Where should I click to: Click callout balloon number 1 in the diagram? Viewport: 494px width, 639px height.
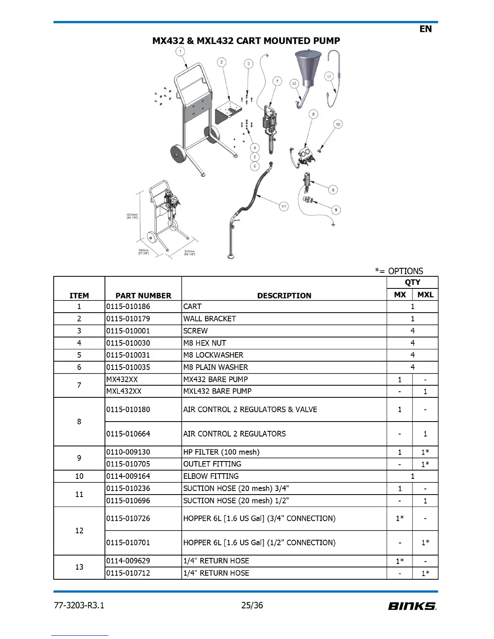pyautogui.click(x=180, y=52)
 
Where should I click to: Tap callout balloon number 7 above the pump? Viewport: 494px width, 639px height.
pyautogui.click(x=277, y=81)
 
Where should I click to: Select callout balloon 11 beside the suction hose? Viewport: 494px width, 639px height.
pyautogui.click(x=284, y=207)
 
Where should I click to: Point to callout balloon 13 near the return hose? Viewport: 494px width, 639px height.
pyautogui.click(x=329, y=76)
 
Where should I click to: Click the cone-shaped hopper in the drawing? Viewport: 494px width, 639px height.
pyautogui.click(x=308, y=67)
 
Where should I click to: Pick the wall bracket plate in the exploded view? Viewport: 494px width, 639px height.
pyautogui.click(x=228, y=111)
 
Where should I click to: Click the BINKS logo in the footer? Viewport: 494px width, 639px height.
pyautogui.click(x=412, y=606)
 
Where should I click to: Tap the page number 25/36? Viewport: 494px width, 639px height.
pyautogui.click(x=252, y=605)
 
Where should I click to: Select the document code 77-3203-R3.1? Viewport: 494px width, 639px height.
pyautogui.click(x=79, y=605)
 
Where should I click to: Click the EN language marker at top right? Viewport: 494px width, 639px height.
pyautogui.click(x=425, y=29)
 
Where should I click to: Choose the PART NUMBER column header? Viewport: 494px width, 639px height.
pyautogui.click(x=143, y=295)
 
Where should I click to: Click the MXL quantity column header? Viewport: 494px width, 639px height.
pyautogui.click(x=425, y=294)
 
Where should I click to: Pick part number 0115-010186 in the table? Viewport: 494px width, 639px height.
pyautogui.click(x=128, y=307)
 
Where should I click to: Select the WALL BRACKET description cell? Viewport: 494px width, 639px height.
pyautogui.click(x=209, y=319)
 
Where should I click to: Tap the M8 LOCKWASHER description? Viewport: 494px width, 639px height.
pyautogui.click(x=213, y=355)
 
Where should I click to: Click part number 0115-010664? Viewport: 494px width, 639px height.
pyautogui.click(x=128, y=434)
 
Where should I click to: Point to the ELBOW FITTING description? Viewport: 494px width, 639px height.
pyautogui.click(x=211, y=476)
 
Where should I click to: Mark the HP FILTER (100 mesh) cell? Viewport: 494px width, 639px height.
pyautogui.click(x=221, y=452)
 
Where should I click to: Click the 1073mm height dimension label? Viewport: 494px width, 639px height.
pyautogui.click(x=132, y=216)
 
